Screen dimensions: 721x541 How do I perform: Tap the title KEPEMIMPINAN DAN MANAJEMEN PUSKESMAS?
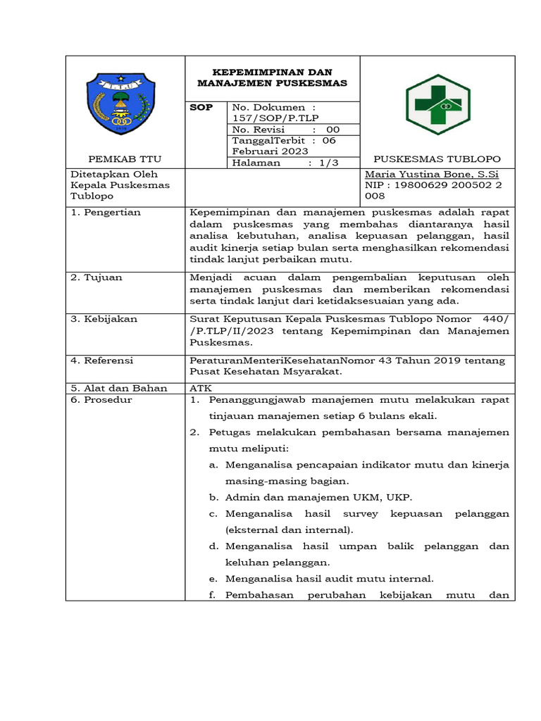pos(272,77)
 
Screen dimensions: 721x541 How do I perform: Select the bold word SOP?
pos(201,107)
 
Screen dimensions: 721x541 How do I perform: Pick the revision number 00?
pos(332,130)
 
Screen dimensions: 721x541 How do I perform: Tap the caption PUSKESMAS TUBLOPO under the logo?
pos(437,159)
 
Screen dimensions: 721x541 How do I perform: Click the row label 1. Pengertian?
pos(105,212)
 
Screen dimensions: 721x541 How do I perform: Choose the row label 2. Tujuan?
pos(96,277)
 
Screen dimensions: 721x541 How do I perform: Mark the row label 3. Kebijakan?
pos(102,319)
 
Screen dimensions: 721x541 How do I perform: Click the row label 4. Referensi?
pos(101,360)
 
